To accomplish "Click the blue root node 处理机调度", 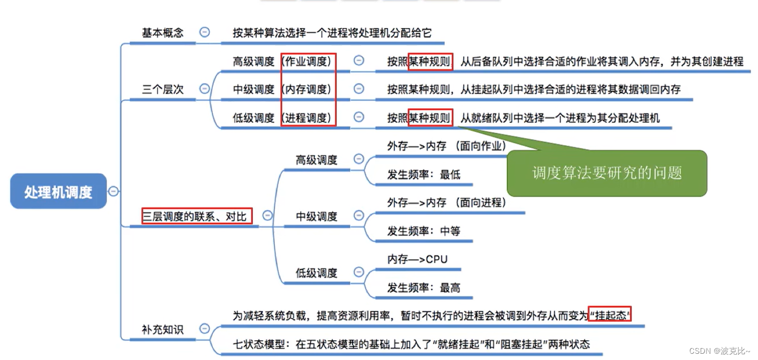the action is click(x=58, y=191).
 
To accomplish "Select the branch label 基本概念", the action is click(x=162, y=33).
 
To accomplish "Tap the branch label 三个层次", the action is click(x=162, y=89).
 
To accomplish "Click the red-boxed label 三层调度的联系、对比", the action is click(x=197, y=216).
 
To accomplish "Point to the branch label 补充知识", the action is click(x=162, y=329).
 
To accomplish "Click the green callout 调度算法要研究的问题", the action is click(x=607, y=173).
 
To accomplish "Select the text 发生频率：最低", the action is click(x=423, y=175).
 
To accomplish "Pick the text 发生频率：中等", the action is click(x=423, y=231).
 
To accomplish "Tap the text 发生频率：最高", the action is click(x=423, y=288).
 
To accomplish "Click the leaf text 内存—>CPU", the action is click(x=417, y=259).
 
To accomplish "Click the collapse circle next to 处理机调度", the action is click(x=113, y=191).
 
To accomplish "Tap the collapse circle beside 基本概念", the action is click(x=204, y=32).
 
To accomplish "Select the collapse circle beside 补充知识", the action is click(x=204, y=329).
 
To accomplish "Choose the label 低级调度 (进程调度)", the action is click(x=282, y=118).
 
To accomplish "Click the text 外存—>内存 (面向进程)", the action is click(x=446, y=203).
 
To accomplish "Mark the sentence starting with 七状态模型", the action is click(x=411, y=344).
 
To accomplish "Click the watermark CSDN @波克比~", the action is click(x=720, y=351).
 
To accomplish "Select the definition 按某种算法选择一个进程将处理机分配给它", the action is click(x=332, y=33).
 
